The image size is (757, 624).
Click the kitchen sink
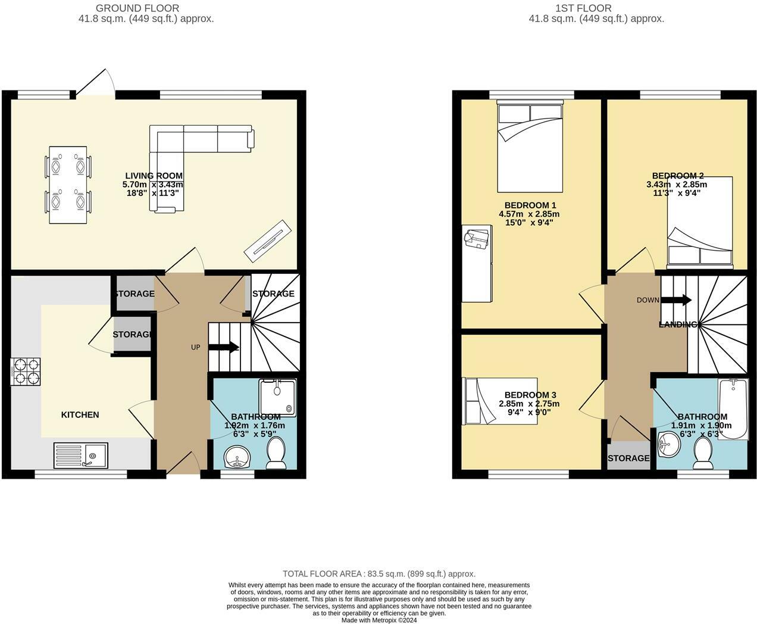(80, 455)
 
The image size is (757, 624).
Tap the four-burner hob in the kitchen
(26, 370)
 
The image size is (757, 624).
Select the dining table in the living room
(68, 185)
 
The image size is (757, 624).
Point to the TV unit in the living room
(267, 240)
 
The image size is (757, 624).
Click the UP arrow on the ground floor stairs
(223, 347)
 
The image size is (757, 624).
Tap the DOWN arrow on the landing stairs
(675, 300)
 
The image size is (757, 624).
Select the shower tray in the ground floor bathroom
(277, 397)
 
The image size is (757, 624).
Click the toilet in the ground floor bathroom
(276, 453)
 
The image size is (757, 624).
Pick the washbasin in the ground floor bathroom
(238, 458)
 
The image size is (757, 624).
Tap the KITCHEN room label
(80, 414)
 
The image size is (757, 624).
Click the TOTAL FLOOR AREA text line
(378, 574)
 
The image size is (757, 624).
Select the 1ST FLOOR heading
(583, 8)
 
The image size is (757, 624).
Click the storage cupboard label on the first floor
(628, 458)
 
